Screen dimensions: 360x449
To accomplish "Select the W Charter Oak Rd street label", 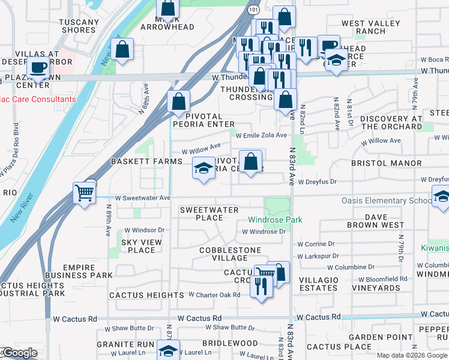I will pos(214,295).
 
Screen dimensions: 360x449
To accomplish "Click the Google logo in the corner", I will pos(19,353).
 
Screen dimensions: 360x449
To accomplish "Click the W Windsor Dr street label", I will pos(144,230).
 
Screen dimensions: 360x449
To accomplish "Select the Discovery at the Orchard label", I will pos(391,122).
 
